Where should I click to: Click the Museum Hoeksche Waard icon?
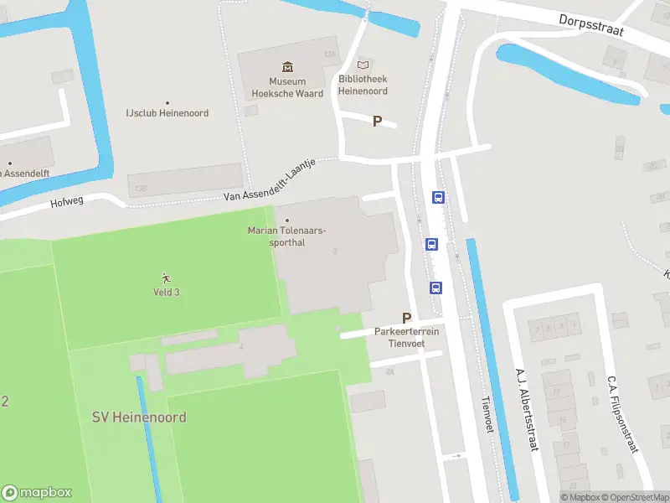point(287,66)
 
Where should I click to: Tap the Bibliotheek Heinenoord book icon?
point(363,64)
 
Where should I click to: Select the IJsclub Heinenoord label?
point(167,113)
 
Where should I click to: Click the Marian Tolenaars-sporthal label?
point(287,236)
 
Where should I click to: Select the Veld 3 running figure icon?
point(166,277)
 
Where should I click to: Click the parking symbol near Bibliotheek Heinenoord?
point(377,122)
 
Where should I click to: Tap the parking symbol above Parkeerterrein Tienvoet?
point(407,318)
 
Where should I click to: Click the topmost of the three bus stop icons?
point(438,198)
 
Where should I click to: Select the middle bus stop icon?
point(431,245)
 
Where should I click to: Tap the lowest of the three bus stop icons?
point(436,288)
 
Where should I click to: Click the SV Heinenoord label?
point(139,417)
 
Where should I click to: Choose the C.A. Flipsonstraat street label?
point(624,413)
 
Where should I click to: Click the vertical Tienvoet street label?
point(485,414)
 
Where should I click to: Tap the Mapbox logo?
point(37,493)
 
